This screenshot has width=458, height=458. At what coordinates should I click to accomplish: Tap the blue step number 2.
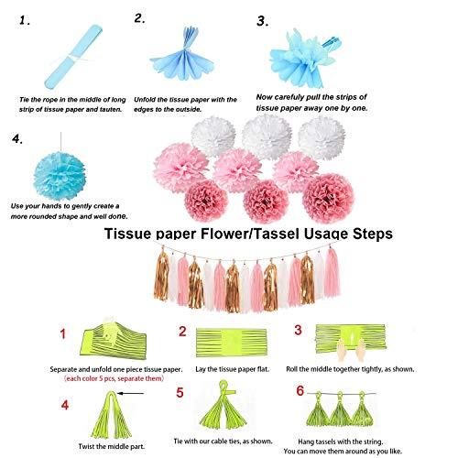tap(140, 17)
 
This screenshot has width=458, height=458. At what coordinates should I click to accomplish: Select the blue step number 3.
tap(263, 20)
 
